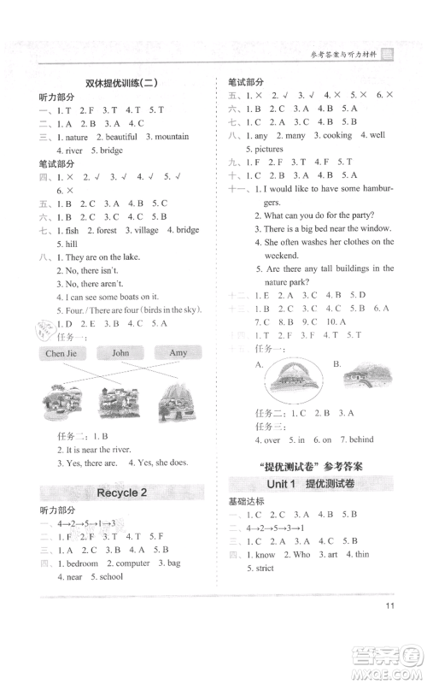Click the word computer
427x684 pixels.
pos(131,563)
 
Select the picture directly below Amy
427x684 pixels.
pos(176,405)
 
